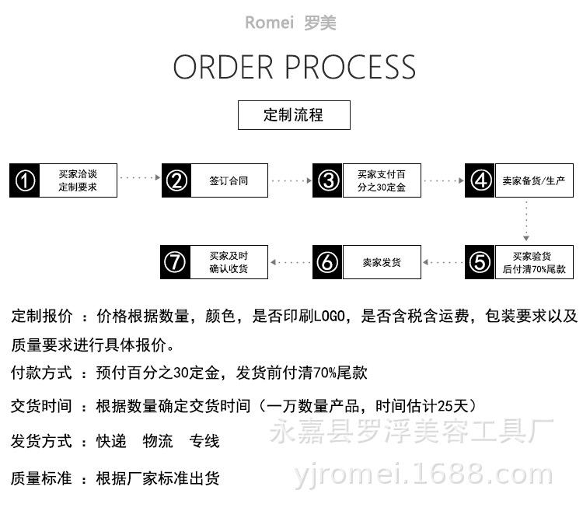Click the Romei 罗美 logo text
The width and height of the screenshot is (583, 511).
pos(291,23)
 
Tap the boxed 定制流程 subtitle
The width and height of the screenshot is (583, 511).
pos(293,115)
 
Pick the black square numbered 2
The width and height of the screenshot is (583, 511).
pos(177,181)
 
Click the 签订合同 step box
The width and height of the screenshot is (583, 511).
pos(229,181)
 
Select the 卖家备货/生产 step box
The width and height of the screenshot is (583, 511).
pos(533,181)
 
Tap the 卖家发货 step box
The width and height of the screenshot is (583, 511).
pos(382,262)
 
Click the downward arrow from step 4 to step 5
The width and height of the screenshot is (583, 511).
pos(526,221)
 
